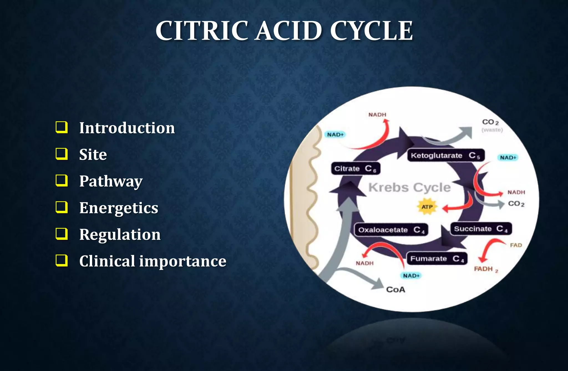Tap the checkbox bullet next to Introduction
pyautogui.click(x=62, y=127)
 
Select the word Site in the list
pyautogui.click(x=93, y=154)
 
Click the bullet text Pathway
pyautogui.click(x=111, y=181)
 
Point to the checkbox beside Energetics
pyautogui.click(x=62, y=207)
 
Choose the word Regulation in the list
pyautogui.click(x=120, y=234)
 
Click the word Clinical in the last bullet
pyautogui.click(x=107, y=261)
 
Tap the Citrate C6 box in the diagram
pyautogui.click(x=355, y=169)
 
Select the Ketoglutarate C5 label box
pyautogui.click(x=446, y=155)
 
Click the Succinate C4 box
pyautogui.click(x=481, y=229)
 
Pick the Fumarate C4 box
pyautogui.click(x=437, y=259)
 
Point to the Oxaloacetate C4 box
pyautogui.click(x=391, y=230)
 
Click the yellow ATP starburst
pyautogui.click(x=427, y=207)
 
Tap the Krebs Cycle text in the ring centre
pyautogui.click(x=409, y=187)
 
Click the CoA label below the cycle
pyautogui.click(x=396, y=290)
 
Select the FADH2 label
pyautogui.click(x=486, y=269)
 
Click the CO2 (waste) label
pyautogui.click(x=491, y=125)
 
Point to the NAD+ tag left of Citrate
pyautogui.click(x=335, y=135)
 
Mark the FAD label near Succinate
pyautogui.click(x=516, y=245)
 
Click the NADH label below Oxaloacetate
pyautogui.click(x=365, y=263)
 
